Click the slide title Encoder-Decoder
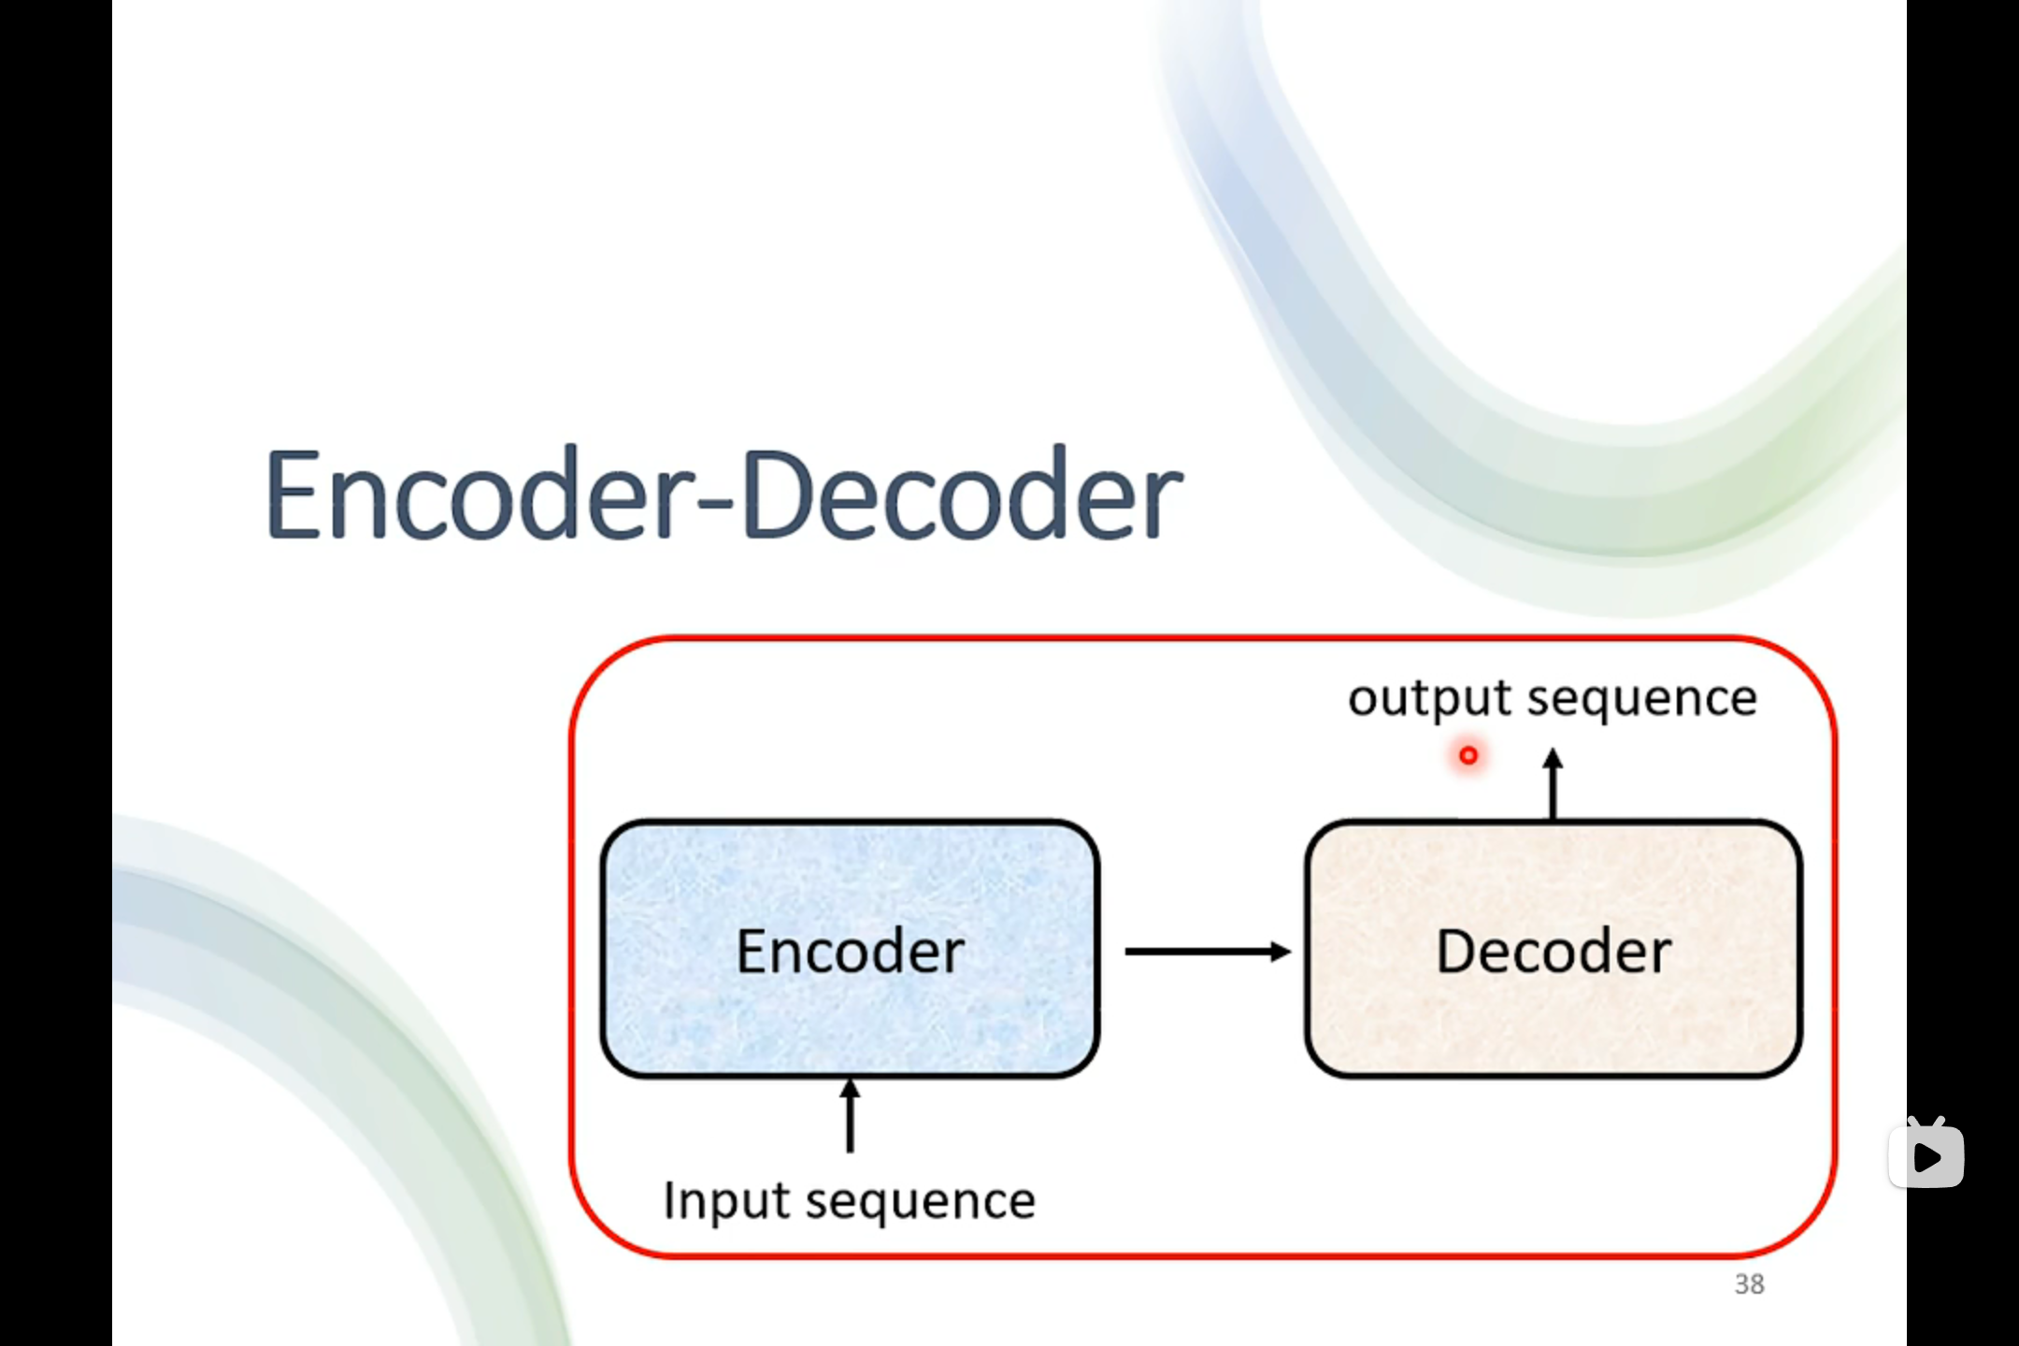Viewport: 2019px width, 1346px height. pyautogui.click(x=724, y=495)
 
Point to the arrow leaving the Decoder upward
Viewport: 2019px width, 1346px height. pyautogui.click(x=1554, y=790)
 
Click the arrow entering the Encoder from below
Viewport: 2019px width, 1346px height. pyautogui.click(x=850, y=1117)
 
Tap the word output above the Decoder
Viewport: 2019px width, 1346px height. pyautogui.click(x=1429, y=699)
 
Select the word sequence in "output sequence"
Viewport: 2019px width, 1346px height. pyautogui.click(x=1642, y=699)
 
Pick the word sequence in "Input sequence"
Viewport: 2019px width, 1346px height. pyautogui.click(x=921, y=1201)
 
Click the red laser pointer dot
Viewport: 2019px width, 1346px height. pyautogui.click(x=1468, y=755)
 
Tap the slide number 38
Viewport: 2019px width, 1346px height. pyautogui.click(x=1749, y=1284)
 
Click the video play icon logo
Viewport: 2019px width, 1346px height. pyautogui.click(x=1926, y=1155)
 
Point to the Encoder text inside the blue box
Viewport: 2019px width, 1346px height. pyautogui.click(x=850, y=952)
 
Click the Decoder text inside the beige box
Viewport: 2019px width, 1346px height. pyautogui.click(x=1554, y=952)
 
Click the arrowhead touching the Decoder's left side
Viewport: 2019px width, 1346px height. pyautogui.click(x=1281, y=952)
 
